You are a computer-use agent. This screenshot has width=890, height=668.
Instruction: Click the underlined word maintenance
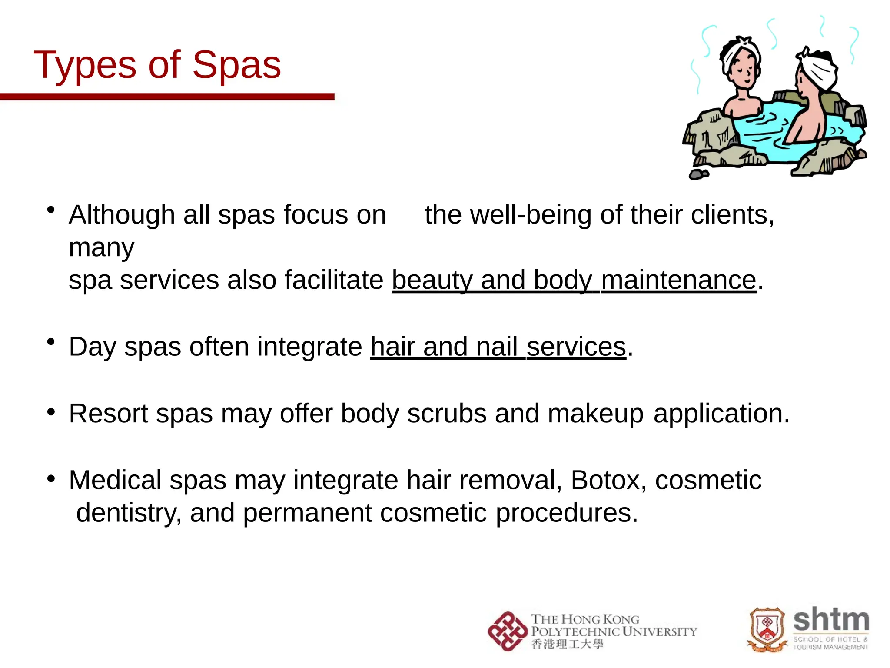pyautogui.click(x=678, y=280)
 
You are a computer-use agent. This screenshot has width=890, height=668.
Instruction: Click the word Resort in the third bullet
pyautogui.click(x=108, y=414)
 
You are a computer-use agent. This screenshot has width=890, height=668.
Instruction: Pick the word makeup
pyautogui.click(x=595, y=414)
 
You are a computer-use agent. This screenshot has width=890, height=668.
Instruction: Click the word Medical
pyautogui.click(x=115, y=481)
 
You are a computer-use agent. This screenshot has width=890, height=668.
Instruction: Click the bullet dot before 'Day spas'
pyautogui.click(x=51, y=342)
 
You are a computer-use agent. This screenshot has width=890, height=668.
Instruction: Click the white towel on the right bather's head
pyautogui.click(x=819, y=70)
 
